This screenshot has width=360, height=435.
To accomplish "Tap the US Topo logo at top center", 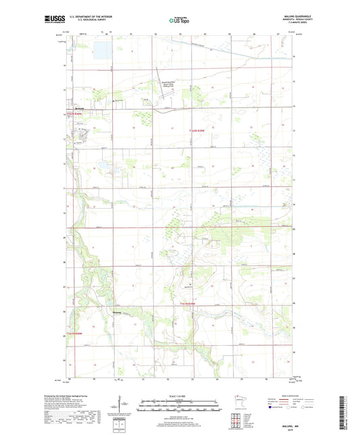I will [x=179, y=21].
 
